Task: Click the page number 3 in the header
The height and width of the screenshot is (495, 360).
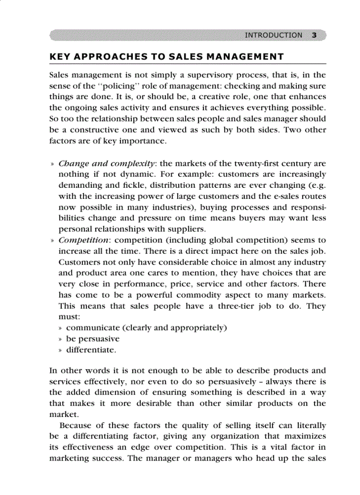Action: pyautogui.click(x=314, y=35)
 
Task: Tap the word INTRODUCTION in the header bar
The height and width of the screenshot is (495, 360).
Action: pyautogui.click(x=274, y=35)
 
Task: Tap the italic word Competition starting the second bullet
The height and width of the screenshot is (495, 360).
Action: pyautogui.click(x=83, y=240)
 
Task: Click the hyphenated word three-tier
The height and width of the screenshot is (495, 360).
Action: pyautogui.click(x=236, y=306)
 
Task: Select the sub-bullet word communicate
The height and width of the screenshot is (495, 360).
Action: pyautogui.click(x=93, y=328)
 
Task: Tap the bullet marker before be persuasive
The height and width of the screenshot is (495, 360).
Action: pyautogui.click(x=61, y=339)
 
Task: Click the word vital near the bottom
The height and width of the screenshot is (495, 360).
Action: pyautogui.click(x=273, y=447)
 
